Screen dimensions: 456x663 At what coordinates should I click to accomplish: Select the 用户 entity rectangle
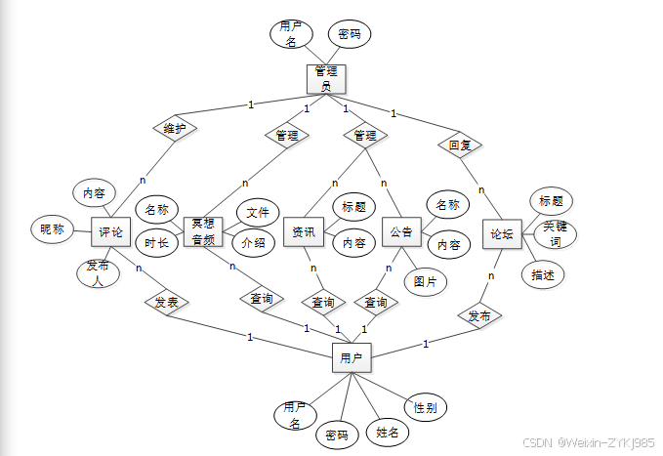[352, 359]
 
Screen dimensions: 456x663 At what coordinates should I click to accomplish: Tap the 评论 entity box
[110, 232]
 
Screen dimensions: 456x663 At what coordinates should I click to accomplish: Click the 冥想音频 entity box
[203, 232]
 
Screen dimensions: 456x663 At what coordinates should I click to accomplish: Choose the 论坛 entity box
[502, 234]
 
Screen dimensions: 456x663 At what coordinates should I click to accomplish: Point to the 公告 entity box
[400, 232]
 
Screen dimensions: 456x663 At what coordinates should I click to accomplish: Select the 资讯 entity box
[304, 232]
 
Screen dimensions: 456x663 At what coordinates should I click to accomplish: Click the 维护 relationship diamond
[176, 128]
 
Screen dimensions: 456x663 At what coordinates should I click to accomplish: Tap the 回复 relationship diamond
[459, 145]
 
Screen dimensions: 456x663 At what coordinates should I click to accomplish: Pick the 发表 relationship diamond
[167, 303]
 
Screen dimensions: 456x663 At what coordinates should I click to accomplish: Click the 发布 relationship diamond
[479, 316]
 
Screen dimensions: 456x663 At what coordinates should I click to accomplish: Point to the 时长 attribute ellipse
[156, 243]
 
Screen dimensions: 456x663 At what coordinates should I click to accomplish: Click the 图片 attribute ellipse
[425, 281]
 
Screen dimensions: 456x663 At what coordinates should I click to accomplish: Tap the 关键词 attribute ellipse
[555, 234]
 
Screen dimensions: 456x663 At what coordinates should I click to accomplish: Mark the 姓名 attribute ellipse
[389, 432]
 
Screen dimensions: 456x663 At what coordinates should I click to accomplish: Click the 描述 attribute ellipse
[543, 274]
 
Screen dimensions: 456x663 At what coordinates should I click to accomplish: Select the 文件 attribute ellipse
[257, 212]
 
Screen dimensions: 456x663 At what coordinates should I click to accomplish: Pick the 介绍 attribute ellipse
[252, 242]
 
